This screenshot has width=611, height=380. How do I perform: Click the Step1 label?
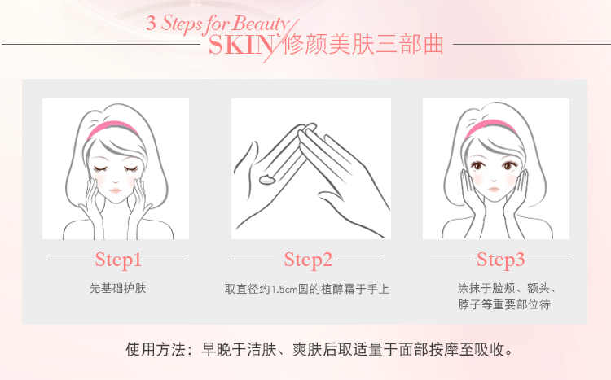click(118, 260)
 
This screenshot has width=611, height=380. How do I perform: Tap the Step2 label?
click(308, 260)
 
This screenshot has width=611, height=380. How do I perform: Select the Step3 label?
click(501, 260)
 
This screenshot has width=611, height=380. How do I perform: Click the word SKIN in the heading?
click(241, 46)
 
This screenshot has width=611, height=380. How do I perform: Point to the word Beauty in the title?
click(261, 24)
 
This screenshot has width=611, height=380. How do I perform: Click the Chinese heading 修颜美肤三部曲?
click(363, 45)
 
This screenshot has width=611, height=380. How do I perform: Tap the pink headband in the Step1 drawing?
click(112, 129)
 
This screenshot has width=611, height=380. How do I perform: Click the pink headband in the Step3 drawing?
click(490, 129)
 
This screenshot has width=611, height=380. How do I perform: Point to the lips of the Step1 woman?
click(116, 190)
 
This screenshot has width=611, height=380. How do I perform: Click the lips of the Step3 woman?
click(494, 190)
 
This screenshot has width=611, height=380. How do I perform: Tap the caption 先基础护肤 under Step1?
click(117, 289)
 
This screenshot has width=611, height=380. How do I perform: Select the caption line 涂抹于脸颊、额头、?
click(507, 289)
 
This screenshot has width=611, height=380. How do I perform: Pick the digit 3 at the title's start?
click(151, 24)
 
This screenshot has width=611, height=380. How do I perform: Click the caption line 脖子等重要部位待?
click(503, 304)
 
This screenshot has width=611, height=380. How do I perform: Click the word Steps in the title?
click(182, 24)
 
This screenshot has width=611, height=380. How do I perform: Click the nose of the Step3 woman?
click(494, 180)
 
